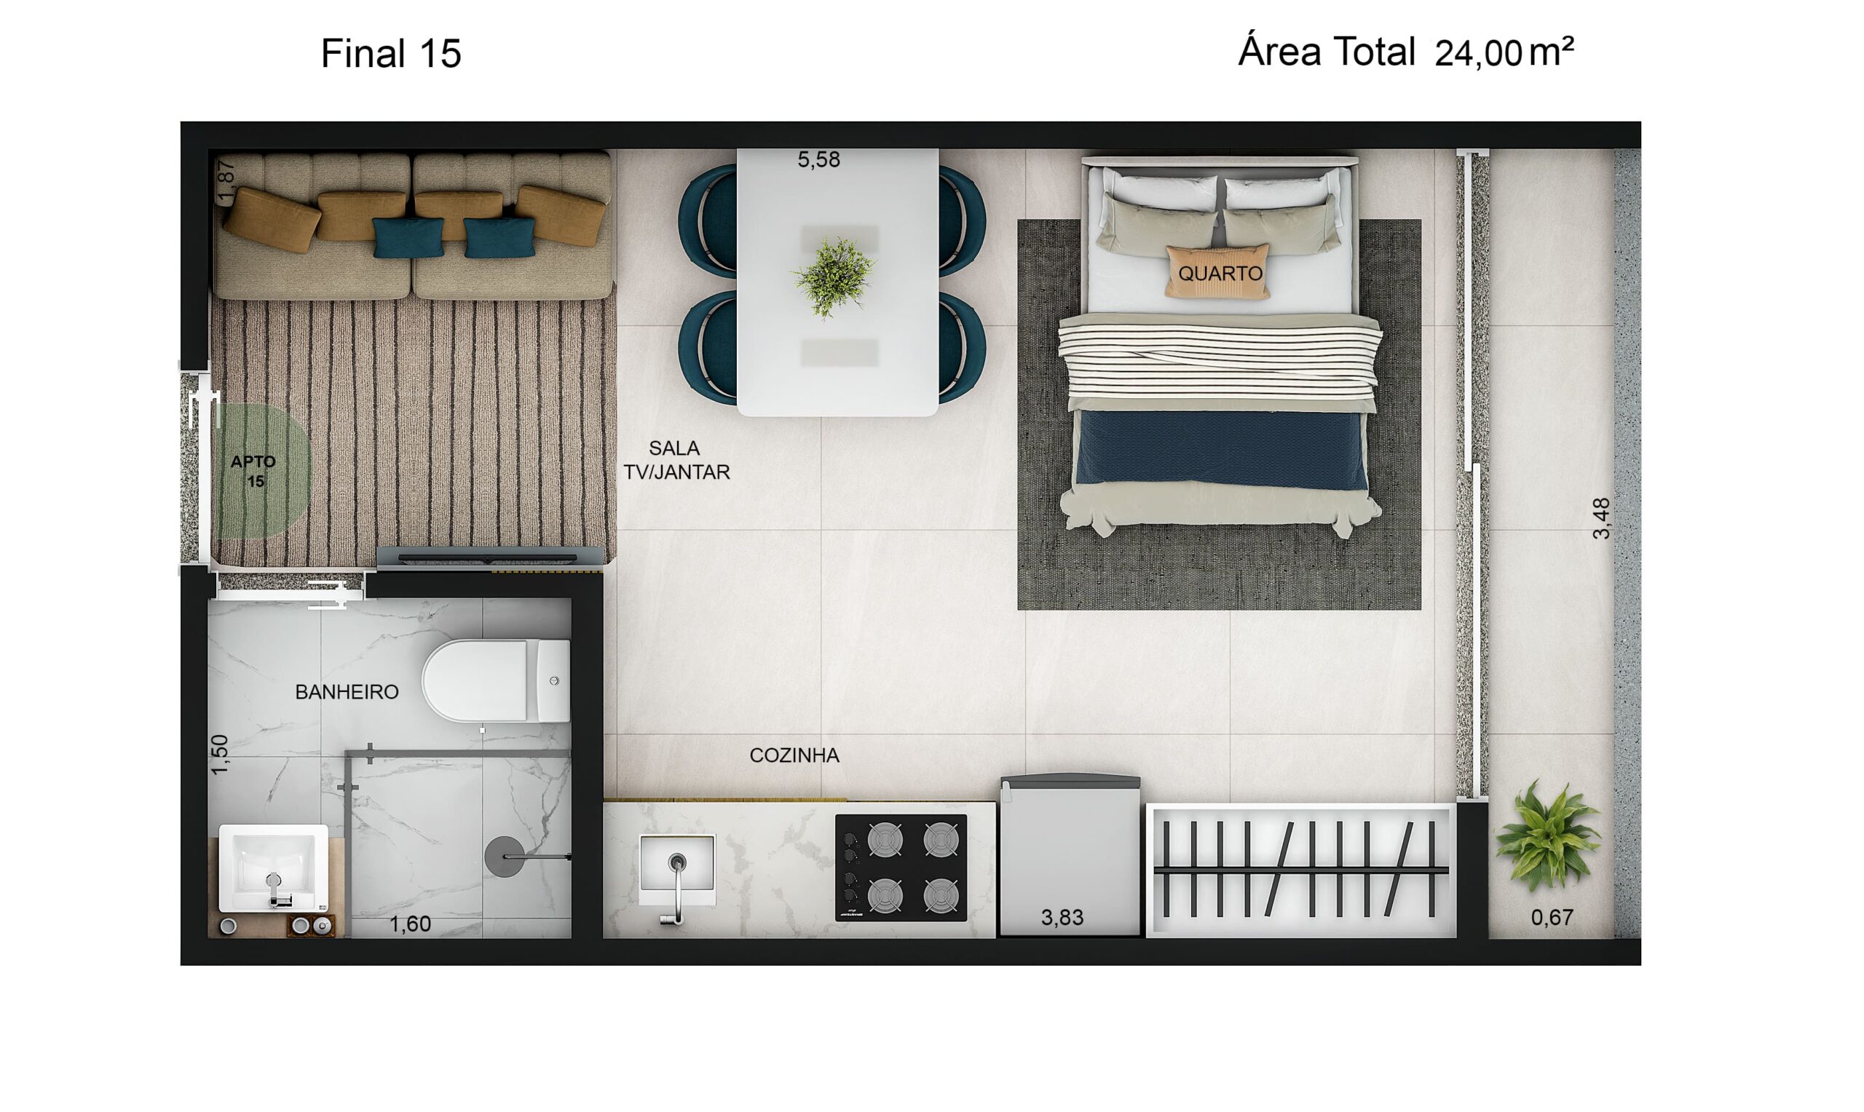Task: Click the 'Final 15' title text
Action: click(390, 54)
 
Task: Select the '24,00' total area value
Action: click(1477, 54)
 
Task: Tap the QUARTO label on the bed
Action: click(1220, 274)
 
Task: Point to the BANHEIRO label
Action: click(347, 691)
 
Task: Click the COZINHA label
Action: click(794, 755)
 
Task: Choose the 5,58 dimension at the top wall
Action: click(818, 159)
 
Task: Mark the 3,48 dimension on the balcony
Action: click(1601, 519)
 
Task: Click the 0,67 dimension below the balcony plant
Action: click(1552, 917)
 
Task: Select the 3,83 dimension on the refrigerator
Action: click(1062, 917)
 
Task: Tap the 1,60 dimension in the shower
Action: click(410, 924)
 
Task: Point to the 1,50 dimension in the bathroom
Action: click(219, 755)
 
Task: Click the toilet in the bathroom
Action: click(495, 680)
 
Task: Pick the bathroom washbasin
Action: click(273, 868)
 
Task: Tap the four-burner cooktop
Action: click(901, 867)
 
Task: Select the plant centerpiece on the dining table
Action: click(834, 277)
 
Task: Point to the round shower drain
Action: click(505, 857)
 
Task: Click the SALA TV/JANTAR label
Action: click(676, 460)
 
